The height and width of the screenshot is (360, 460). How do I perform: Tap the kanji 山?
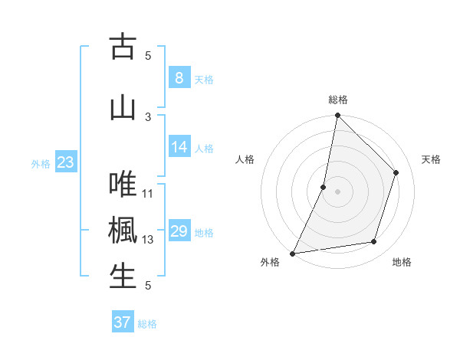point(123,108)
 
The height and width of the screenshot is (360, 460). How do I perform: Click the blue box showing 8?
point(179,78)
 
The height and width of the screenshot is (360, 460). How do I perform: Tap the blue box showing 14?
point(179,147)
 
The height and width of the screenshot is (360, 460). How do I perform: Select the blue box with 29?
point(179,231)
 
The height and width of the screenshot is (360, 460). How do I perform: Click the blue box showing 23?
point(65,162)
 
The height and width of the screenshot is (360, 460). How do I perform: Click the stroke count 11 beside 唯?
point(148,193)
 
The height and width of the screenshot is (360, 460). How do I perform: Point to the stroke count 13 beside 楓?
point(148,240)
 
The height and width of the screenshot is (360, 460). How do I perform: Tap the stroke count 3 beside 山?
point(148,116)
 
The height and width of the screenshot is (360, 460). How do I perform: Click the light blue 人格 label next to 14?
point(204,148)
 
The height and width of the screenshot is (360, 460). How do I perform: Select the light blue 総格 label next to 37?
point(147,324)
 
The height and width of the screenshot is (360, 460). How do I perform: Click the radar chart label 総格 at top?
point(337,100)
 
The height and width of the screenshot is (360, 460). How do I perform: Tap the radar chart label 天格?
point(432,159)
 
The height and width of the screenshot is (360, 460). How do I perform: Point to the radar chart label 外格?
point(270,263)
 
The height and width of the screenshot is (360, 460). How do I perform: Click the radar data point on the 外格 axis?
point(292,253)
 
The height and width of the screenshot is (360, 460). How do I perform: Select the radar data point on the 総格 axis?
point(337,115)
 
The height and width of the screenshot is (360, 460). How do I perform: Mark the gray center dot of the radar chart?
point(337,191)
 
